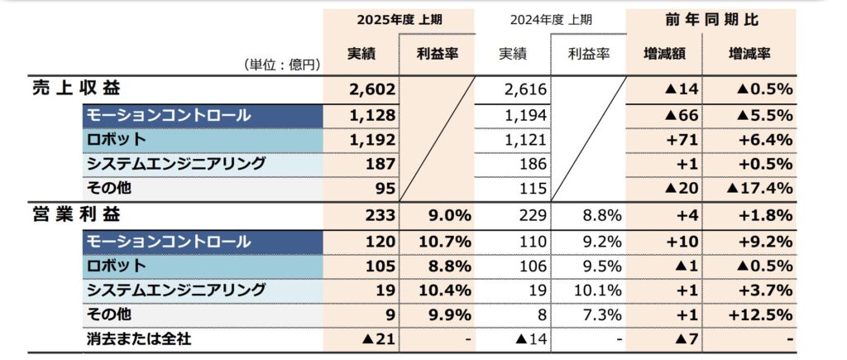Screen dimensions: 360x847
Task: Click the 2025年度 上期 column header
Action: pyautogui.click(x=399, y=19)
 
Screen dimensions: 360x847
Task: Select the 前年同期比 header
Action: pyautogui.click(x=711, y=19)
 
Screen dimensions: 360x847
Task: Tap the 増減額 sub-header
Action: pyautogui.click(x=663, y=54)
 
